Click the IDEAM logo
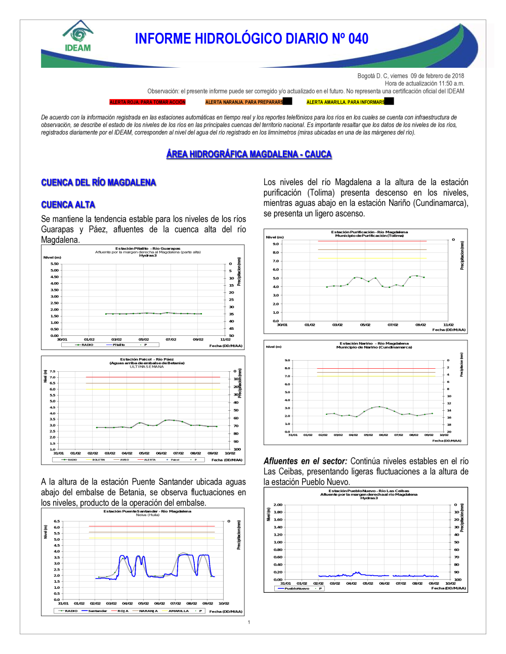(x=78, y=36)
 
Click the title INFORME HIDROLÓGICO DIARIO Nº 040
(x=251, y=39)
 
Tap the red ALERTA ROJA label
(x=147, y=102)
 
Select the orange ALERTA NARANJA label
(x=244, y=102)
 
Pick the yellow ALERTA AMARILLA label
(x=346, y=102)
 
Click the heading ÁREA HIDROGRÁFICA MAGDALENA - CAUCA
(x=249, y=154)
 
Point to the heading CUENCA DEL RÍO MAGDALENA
(x=99, y=183)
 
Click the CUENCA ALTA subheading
(x=68, y=205)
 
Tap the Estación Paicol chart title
(x=147, y=360)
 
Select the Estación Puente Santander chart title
(x=147, y=511)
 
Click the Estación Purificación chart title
(x=369, y=232)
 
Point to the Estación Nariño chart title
(x=374, y=343)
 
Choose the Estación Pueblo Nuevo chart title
(x=369, y=491)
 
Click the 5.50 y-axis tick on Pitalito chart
(x=54, y=264)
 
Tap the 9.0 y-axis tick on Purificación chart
(x=276, y=244)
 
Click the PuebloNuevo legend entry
(x=297, y=589)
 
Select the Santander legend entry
(x=97, y=611)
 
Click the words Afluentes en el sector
(x=305, y=461)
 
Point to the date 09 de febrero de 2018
(x=437, y=76)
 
